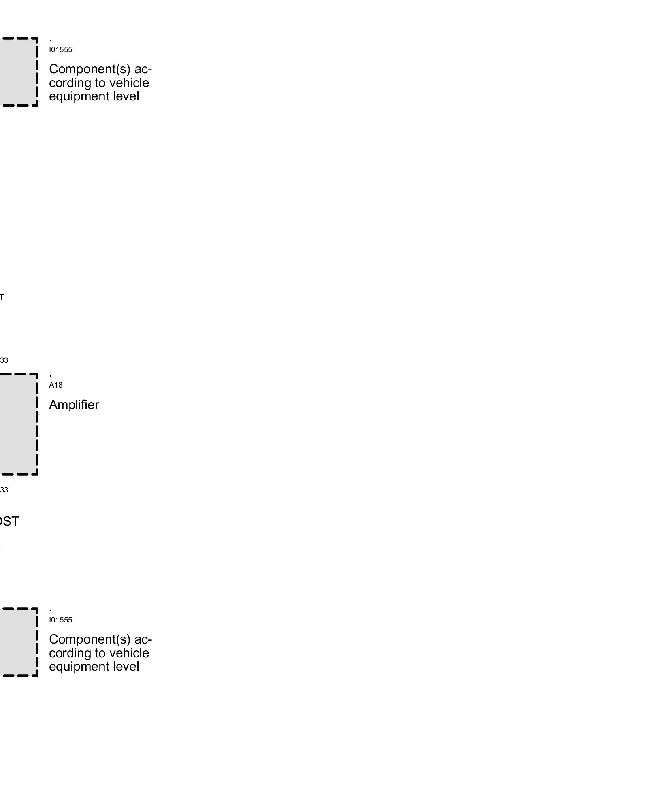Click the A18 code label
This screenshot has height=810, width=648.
pyautogui.click(x=56, y=385)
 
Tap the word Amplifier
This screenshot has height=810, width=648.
pyautogui.click(x=74, y=405)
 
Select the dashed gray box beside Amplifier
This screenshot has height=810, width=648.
pyautogui.click(x=18, y=424)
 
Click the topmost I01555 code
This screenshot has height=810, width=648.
pyautogui.click(x=61, y=50)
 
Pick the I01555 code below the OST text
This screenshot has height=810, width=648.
pyautogui.click(x=61, y=620)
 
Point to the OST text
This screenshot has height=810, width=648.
pyautogui.click(x=9, y=521)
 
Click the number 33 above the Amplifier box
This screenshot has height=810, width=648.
pyautogui.click(x=4, y=360)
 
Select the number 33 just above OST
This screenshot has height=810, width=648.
pyautogui.click(x=4, y=490)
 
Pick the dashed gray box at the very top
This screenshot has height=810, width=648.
pyautogui.click(x=18, y=72)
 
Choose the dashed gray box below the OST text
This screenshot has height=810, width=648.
pyautogui.click(x=18, y=642)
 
